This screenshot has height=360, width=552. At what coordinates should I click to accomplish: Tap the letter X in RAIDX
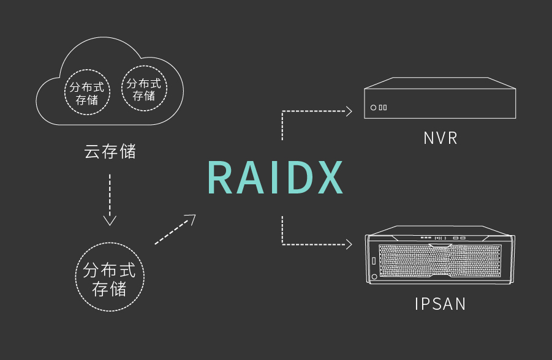330,177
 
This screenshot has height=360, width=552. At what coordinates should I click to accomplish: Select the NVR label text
440,138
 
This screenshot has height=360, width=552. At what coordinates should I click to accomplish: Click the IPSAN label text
440,304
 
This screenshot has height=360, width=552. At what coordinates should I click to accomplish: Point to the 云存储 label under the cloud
110,152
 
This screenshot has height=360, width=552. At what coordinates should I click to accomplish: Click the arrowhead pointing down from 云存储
110,220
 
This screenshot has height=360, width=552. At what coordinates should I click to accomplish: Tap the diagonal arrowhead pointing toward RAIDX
191,219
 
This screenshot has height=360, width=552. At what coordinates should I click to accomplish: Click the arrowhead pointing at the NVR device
349,111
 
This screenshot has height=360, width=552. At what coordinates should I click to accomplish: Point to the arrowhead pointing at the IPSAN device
349,244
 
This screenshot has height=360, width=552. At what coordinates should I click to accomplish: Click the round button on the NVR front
373,108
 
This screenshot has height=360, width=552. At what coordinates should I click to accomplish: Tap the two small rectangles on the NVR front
383,108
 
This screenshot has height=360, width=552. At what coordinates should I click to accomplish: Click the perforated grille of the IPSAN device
440,261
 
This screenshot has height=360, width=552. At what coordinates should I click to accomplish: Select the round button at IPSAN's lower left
374,277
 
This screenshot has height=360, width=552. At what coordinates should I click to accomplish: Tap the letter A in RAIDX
251,177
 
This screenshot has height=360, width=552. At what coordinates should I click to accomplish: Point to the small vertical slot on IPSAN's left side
374,261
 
